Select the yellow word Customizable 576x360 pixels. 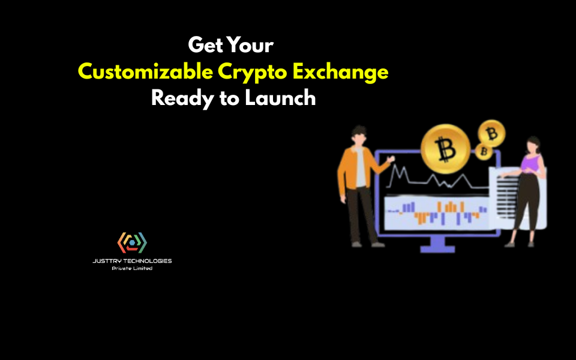[145, 72]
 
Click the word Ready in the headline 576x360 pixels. [181, 98]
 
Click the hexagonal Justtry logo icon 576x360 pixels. [132, 242]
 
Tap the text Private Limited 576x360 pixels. [132, 268]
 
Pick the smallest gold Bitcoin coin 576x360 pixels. [483, 152]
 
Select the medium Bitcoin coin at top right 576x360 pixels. [491, 133]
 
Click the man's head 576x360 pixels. [359, 135]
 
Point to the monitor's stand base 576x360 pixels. [437, 248]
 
